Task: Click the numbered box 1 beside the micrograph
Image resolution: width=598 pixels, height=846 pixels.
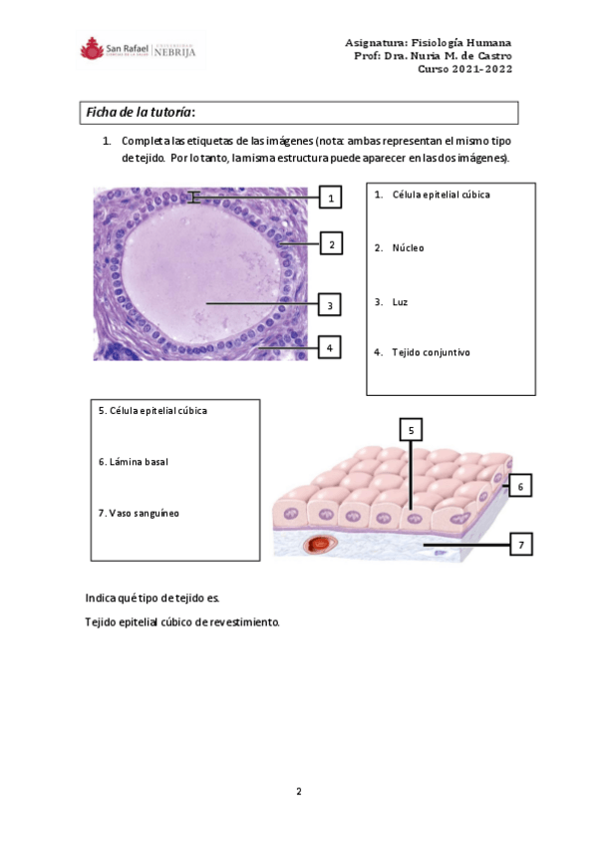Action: (x=331, y=199)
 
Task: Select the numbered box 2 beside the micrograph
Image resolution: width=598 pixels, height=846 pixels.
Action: (x=331, y=243)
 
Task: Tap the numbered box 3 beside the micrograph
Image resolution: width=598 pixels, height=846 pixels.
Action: (x=330, y=304)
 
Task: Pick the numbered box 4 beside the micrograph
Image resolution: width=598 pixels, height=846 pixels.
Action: (x=330, y=347)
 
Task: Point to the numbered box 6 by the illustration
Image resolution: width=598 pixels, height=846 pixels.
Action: (x=520, y=486)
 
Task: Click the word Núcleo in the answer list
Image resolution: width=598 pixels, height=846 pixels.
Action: (x=408, y=247)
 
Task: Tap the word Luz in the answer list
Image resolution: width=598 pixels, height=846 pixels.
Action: (x=400, y=301)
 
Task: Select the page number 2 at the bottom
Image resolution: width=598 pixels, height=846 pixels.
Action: (x=298, y=791)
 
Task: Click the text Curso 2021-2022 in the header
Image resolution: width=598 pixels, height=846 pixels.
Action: (x=464, y=69)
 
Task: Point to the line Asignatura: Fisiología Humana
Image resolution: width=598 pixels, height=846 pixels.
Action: (x=428, y=43)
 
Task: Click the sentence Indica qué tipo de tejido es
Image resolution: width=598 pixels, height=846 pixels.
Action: (x=151, y=598)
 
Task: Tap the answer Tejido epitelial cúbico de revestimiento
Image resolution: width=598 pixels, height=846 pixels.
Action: (x=182, y=623)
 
